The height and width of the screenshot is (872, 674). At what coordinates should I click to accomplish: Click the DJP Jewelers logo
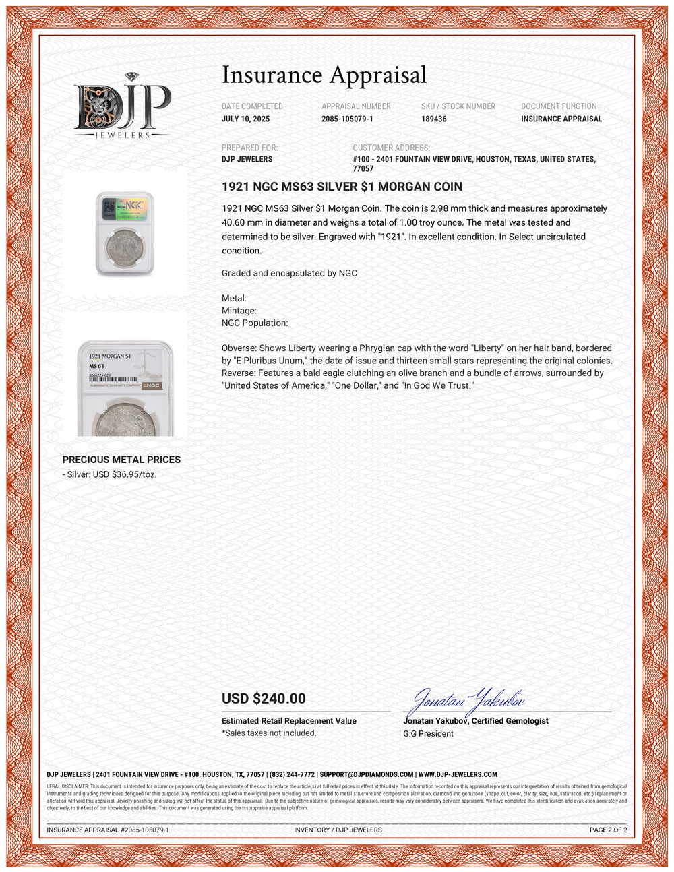tap(122, 107)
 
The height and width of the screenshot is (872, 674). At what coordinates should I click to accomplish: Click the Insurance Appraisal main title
tap(324, 75)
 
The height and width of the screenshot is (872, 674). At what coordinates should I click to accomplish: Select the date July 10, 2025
tap(245, 119)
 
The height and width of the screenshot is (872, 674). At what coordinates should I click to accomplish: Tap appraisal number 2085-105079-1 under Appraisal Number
tap(347, 119)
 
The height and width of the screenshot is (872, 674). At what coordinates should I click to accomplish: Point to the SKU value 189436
tap(434, 119)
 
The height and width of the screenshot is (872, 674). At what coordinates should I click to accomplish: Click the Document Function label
tap(559, 106)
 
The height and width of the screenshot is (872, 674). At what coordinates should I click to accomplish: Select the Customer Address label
tap(391, 148)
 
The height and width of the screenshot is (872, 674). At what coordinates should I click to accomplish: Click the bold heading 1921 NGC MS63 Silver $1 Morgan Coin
tap(342, 187)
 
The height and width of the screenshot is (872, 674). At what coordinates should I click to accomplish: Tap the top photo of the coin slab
tap(125, 233)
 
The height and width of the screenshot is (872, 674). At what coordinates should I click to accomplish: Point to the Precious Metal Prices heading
tap(121, 460)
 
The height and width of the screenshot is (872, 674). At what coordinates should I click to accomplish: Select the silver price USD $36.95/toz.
tap(111, 474)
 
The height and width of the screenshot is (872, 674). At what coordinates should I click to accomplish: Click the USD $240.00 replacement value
tap(264, 699)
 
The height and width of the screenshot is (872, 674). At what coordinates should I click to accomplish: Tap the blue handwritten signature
tap(466, 702)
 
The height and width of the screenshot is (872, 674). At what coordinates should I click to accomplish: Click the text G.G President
tap(428, 734)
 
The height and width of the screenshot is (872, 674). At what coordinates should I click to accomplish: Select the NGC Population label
tap(255, 323)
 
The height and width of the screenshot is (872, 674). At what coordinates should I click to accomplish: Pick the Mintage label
tap(239, 311)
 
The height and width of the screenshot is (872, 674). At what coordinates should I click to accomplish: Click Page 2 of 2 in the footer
tap(608, 830)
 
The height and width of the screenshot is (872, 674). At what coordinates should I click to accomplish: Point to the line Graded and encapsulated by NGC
tap(289, 273)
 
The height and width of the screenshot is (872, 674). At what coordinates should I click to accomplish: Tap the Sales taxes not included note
tap(269, 733)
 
